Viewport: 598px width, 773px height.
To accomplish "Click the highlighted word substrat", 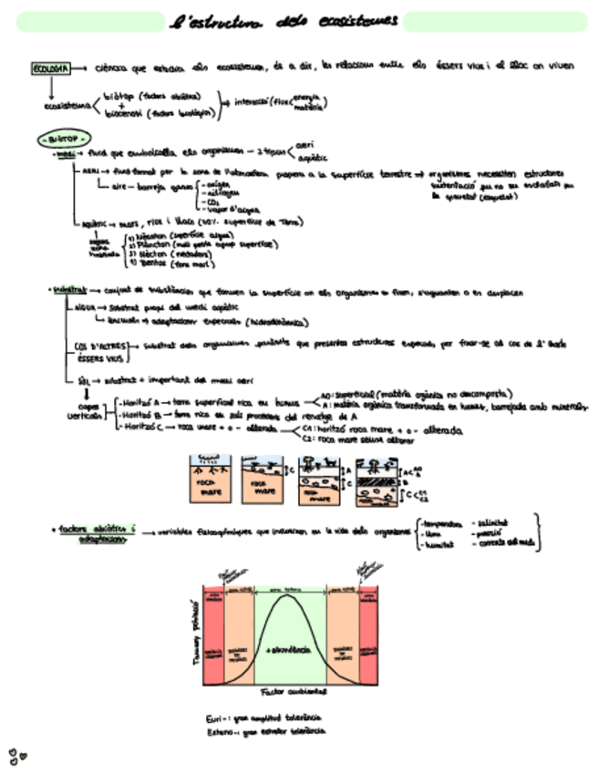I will (67, 290).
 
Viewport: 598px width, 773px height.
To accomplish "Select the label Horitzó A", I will (139, 401).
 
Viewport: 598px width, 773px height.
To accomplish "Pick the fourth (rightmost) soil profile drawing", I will (374, 479).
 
